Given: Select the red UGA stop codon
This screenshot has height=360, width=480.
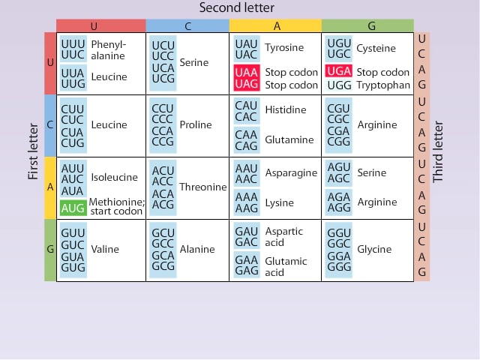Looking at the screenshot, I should [337, 72].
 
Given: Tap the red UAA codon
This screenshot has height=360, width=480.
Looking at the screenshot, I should [246, 72].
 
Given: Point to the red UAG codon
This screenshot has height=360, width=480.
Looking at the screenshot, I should [246, 85].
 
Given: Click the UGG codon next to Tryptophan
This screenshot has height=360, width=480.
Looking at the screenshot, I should [339, 85].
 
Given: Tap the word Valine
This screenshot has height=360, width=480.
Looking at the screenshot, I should [105, 249].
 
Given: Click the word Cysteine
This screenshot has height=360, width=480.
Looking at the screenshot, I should [376, 48].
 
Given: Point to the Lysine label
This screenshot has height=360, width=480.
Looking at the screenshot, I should [280, 202].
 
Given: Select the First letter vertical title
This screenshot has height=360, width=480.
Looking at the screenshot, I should [33, 157].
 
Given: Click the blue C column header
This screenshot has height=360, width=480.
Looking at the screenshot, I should [187, 26].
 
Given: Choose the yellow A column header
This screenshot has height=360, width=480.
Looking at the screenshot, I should [275, 26].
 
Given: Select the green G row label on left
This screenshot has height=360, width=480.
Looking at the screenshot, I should [49, 250].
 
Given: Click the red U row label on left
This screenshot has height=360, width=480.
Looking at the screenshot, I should [49, 63].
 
